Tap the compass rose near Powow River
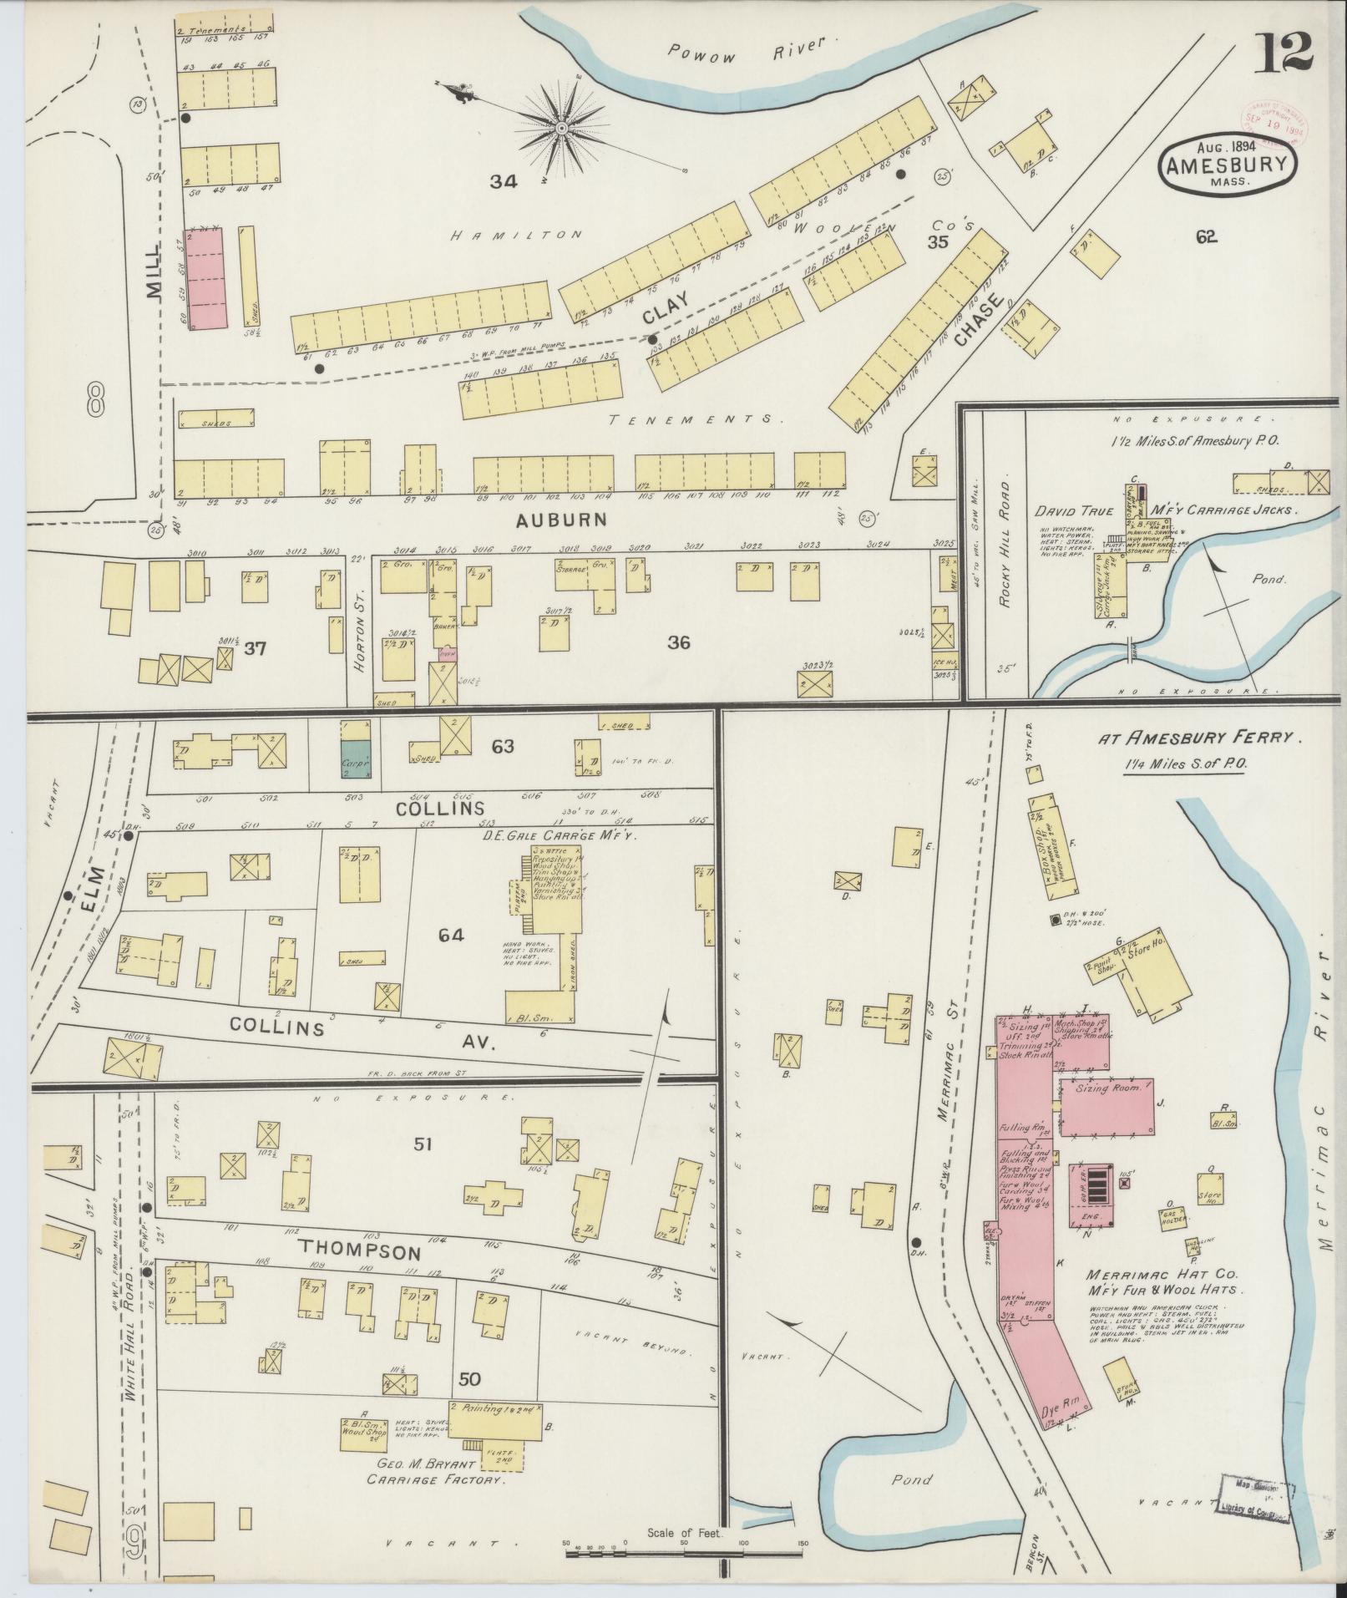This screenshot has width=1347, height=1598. tap(562, 128)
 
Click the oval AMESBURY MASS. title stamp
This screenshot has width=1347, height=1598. tap(1227, 167)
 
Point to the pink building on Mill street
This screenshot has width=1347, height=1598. tap(206, 277)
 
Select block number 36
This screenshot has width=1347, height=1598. tap(678, 642)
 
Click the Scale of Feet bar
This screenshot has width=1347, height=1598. tap(684, 1551)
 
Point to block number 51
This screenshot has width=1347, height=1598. tap(423, 1144)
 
